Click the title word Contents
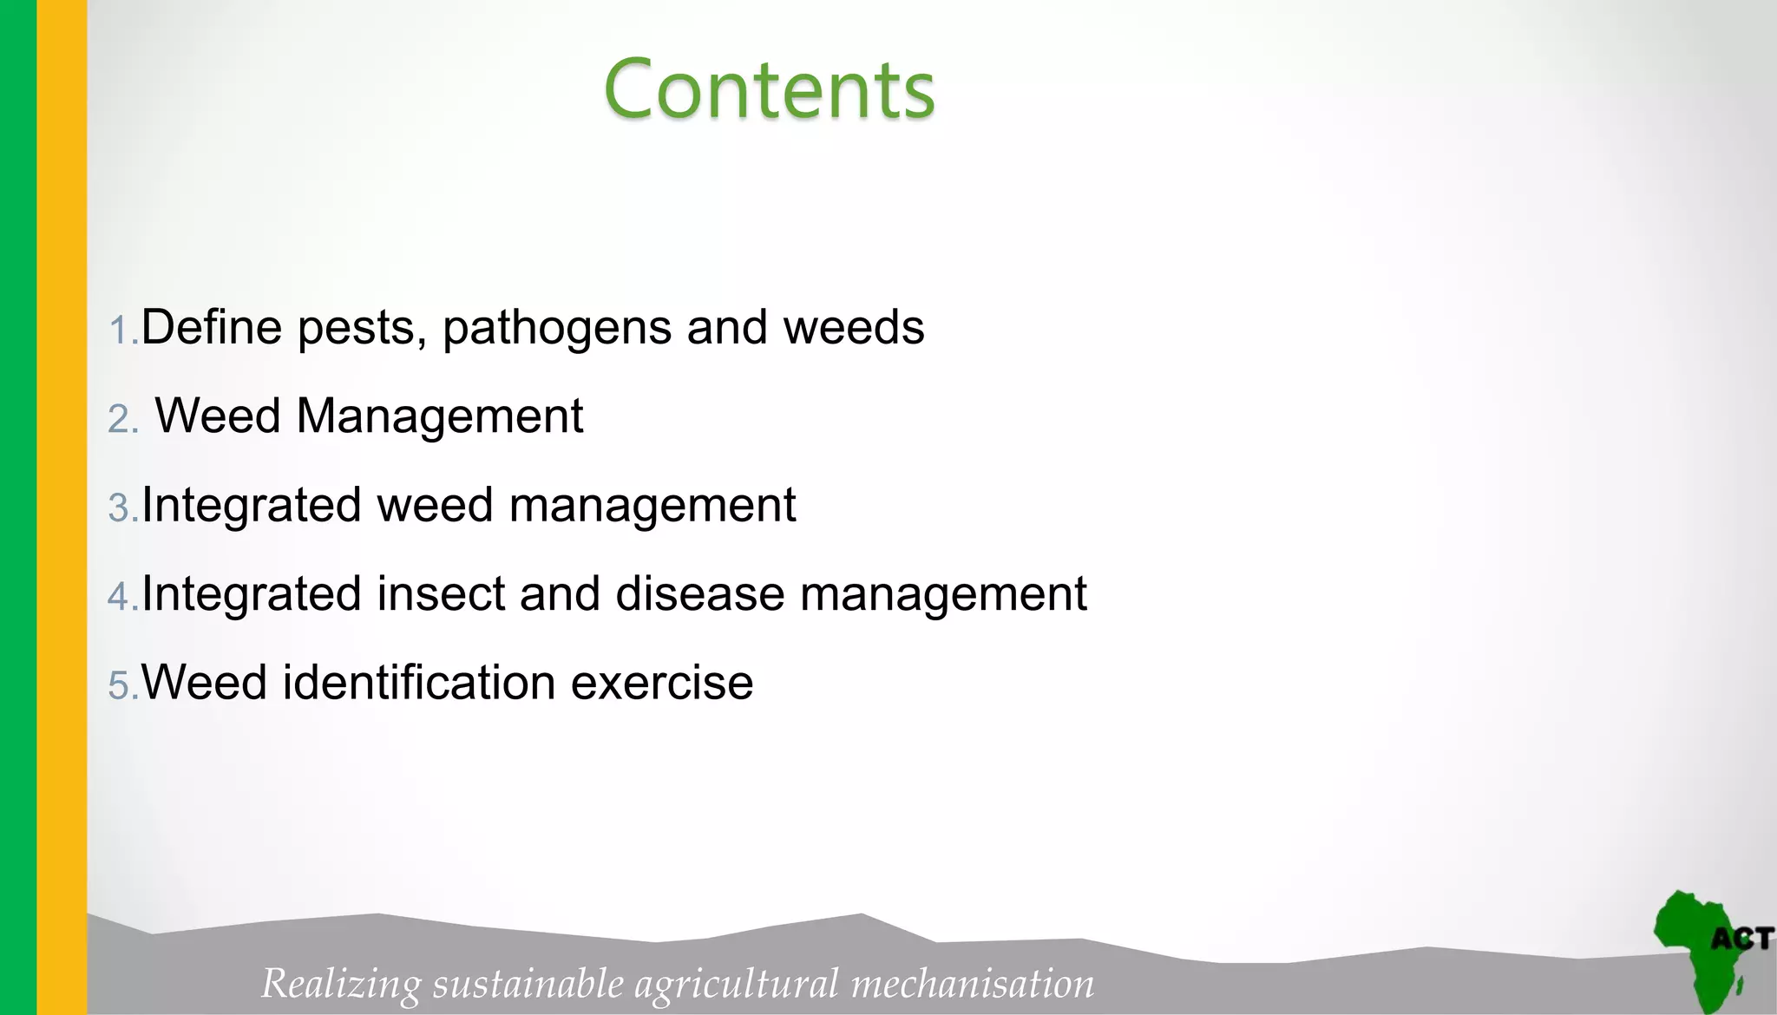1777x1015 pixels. (769, 89)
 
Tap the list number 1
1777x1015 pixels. (121, 331)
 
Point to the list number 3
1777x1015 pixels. (121, 507)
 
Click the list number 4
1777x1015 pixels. (121, 597)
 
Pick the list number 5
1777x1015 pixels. (121, 685)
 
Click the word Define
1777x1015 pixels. (212, 328)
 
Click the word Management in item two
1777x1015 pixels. (440, 416)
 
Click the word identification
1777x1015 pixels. (419, 682)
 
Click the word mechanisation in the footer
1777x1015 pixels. (973, 984)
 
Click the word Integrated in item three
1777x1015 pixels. (251, 506)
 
